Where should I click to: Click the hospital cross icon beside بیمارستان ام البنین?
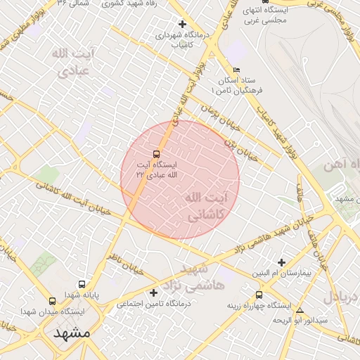(282, 262)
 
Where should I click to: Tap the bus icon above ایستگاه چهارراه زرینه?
(259, 295)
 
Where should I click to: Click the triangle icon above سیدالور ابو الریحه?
(300, 310)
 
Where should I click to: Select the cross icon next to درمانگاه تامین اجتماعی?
(153, 292)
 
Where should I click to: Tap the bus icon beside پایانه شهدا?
(82, 285)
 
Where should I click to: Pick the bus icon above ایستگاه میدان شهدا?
(53, 301)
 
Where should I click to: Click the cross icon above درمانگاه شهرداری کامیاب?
(182, 24)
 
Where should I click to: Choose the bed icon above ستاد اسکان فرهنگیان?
(236, 70)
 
